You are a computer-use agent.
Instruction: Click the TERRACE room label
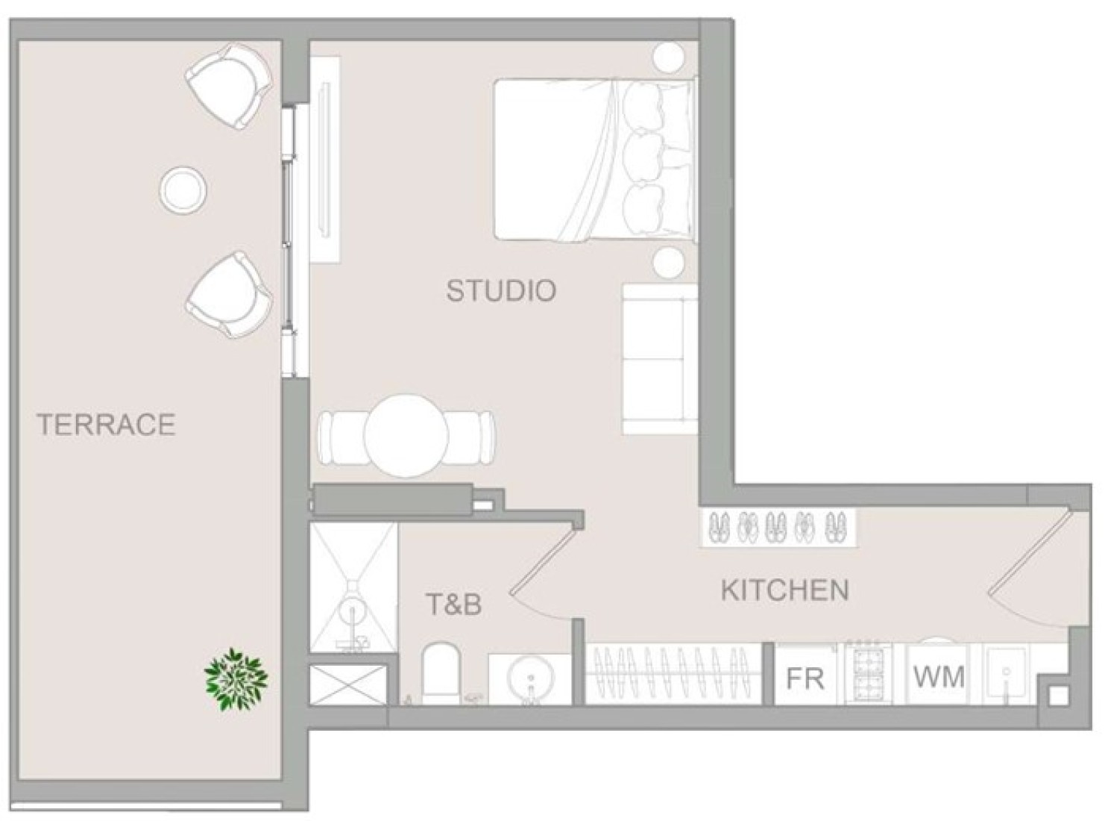(106, 425)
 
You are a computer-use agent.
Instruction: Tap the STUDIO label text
(501, 291)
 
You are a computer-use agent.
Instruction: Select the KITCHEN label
(784, 590)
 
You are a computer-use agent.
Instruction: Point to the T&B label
(454, 605)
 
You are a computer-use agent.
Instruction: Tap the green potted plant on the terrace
(236, 679)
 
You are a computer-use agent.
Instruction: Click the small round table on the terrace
(183, 190)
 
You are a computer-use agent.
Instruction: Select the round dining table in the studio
(406, 435)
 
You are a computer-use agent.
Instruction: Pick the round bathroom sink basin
(529, 678)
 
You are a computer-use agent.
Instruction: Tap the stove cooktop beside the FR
(867, 673)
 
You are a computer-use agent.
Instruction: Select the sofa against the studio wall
(658, 359)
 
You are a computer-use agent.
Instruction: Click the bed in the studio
(595, 160)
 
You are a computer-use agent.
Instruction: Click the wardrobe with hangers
(673, 673)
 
